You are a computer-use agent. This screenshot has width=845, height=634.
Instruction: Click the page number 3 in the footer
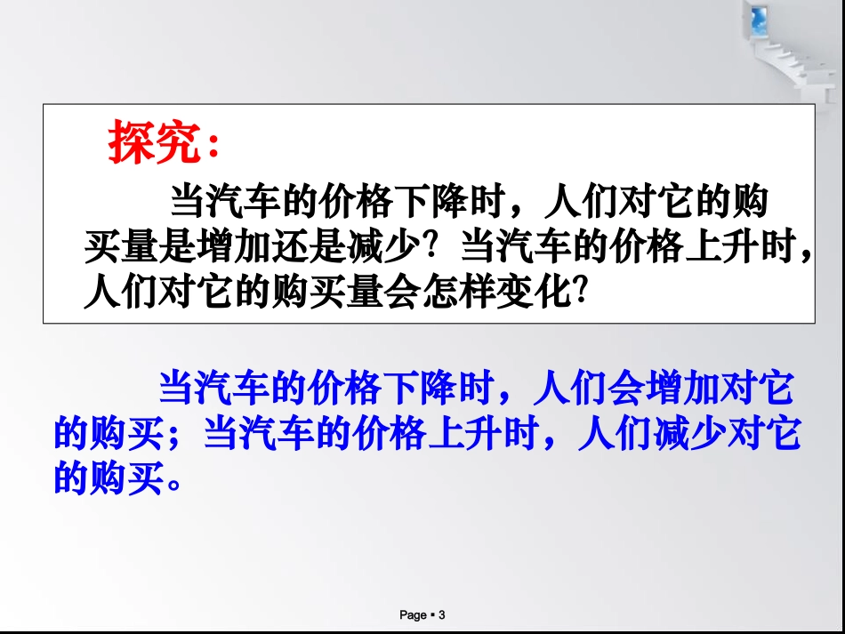coord(442,614)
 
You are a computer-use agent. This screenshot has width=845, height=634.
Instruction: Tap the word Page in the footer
coord(414,614)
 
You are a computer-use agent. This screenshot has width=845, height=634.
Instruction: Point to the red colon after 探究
coord(213,147)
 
